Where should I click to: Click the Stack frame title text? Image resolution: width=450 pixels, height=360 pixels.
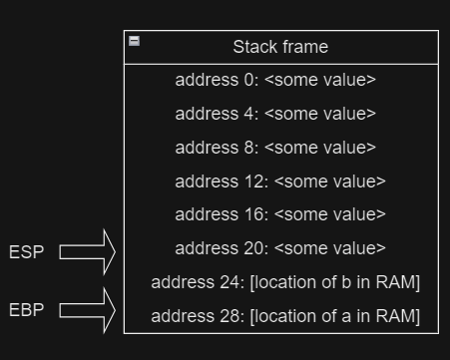(280, 47)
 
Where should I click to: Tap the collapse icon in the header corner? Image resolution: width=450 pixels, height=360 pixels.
(135, 41)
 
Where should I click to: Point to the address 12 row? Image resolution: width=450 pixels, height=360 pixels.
(280, 181)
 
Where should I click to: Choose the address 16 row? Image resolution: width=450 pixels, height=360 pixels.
(280, 214)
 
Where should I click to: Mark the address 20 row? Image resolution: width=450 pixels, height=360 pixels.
(280, 248)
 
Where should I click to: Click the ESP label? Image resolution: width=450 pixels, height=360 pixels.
(27, 252)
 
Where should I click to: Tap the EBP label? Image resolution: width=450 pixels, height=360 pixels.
(27, 310)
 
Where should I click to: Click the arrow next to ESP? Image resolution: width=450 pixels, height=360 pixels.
(88, 252)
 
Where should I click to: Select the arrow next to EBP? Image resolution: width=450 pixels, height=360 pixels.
(88, 310)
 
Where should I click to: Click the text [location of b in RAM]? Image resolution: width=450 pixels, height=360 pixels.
(334, 282)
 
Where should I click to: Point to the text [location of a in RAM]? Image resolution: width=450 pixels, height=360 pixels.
(334, 317)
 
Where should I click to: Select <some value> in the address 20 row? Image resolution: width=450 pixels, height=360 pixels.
(329, 248)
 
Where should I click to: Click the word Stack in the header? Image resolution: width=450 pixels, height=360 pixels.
(254, 47)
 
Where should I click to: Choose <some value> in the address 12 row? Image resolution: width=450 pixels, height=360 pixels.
(329, 181)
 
